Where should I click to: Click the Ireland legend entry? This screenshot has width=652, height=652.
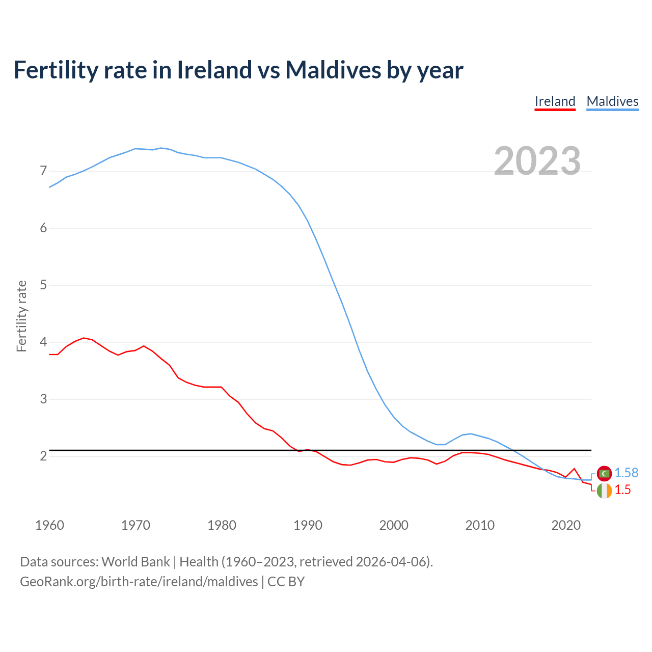(555, 101)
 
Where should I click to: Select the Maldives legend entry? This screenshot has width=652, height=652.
(612, 101)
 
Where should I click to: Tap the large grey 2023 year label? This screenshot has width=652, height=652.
(537, 161)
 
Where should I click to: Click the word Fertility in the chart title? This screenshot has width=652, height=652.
(55, 70)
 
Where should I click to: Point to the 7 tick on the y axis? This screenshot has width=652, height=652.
(43, 171)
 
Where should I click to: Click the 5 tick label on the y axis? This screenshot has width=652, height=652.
(43, 285)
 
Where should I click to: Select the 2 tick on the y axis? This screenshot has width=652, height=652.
(43, 456)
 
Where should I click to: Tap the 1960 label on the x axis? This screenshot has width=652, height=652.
(49, 525)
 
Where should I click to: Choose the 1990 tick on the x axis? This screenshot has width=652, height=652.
(308, 525)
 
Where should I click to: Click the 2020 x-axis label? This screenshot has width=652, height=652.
(566, 525)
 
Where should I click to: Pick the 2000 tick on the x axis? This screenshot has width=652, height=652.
(394, 525)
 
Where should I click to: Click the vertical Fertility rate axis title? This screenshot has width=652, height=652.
(21, 316)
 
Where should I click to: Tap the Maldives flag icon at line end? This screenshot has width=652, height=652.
(604, 473)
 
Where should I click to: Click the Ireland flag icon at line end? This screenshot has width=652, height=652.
(604, 491)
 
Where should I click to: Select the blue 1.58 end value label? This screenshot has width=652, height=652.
(626, 473)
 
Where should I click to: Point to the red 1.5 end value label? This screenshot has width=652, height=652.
(622, 490)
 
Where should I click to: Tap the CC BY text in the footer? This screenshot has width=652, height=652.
(286, 582)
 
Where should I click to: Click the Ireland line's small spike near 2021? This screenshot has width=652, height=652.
(574, 469)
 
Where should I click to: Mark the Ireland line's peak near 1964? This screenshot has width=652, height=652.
(84, 338)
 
